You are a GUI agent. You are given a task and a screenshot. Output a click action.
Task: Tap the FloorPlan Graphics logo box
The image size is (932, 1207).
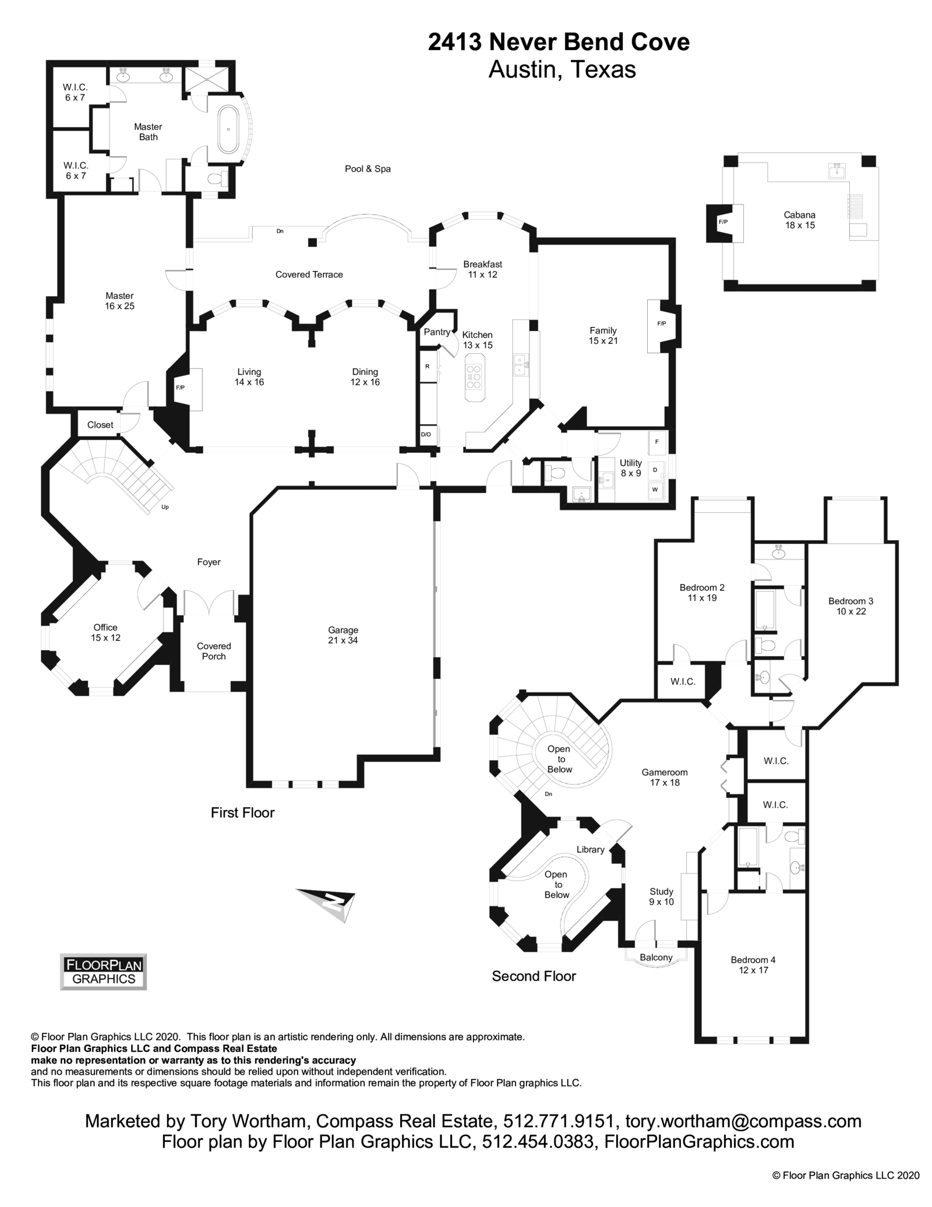coord(104,972)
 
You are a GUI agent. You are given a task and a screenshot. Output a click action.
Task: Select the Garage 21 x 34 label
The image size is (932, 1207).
coord(343,635)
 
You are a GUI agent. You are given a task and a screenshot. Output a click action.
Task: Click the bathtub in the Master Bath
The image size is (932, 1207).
coord(228,128)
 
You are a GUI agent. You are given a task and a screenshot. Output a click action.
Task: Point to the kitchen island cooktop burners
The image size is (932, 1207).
coord(474,376)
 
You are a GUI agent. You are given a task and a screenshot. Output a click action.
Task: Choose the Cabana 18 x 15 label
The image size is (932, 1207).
coord(799,220)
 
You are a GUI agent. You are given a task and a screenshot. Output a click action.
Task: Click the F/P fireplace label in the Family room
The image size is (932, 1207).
coord(661,323)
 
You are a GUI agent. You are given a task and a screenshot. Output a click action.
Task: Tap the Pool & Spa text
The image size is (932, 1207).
coord(368,169)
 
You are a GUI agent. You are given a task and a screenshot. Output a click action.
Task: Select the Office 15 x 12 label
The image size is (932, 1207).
coord(105,632)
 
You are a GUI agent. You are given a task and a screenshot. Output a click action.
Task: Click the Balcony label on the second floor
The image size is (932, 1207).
coord(656,957)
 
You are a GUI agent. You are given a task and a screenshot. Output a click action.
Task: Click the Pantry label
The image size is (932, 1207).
coord(437,332)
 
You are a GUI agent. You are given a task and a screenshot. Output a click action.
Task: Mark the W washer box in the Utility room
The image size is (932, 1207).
coord(655,490)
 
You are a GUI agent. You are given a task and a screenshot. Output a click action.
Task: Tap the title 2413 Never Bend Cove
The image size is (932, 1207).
coord(559,43)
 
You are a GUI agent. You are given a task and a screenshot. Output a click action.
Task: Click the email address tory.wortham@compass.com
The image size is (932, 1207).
coord(743,1121)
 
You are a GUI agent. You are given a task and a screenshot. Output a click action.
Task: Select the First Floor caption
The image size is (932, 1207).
coord(242,812)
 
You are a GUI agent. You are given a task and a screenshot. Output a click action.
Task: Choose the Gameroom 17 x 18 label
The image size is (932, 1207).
coord(665,777)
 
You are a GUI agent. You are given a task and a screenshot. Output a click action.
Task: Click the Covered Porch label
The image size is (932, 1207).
coord(214,651)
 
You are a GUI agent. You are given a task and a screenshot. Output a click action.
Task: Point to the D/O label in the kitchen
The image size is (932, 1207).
coord(426,434)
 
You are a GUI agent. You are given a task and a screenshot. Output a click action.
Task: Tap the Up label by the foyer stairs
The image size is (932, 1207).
coord(165,507)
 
